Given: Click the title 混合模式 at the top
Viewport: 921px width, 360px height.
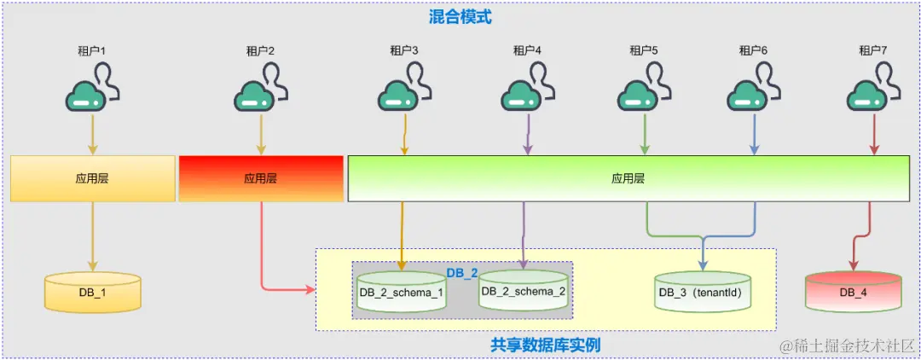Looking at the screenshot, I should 460,16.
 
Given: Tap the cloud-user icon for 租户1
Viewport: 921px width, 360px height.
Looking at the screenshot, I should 90,90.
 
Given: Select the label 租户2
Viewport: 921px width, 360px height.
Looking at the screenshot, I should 260,50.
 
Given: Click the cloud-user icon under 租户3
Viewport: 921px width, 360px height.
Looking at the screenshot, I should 402,90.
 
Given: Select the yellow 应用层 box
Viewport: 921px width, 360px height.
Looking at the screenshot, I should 92,179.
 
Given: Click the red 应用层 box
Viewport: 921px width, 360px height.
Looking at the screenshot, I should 260,179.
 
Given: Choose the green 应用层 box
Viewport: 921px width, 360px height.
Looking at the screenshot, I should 628,179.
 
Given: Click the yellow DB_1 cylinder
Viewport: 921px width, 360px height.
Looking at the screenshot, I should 92,292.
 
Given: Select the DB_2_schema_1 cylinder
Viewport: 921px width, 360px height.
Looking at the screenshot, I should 401,293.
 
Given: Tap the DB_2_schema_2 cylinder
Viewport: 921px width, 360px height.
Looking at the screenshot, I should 523,291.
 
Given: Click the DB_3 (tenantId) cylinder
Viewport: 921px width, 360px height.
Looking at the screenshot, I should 703,293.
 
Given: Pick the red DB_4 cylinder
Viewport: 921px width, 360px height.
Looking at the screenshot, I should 853,293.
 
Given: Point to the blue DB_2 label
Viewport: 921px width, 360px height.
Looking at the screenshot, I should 462,272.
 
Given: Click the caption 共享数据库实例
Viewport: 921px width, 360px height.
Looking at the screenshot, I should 546,345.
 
